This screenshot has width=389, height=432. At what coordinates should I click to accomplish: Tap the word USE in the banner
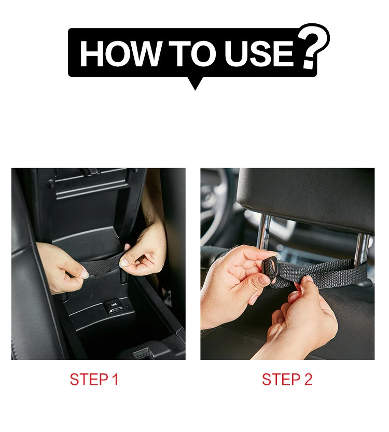pos(260,53)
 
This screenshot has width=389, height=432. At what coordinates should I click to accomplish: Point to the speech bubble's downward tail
pos(195,83)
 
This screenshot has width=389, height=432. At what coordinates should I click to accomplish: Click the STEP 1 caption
pos(94,380)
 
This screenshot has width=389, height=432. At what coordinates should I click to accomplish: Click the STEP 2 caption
pos(287,380)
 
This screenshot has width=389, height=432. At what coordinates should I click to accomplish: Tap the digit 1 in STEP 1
pos(116,380)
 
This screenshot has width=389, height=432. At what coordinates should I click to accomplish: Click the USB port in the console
pos(113,307)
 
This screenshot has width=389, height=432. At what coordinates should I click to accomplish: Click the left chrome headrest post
pos(263,231)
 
